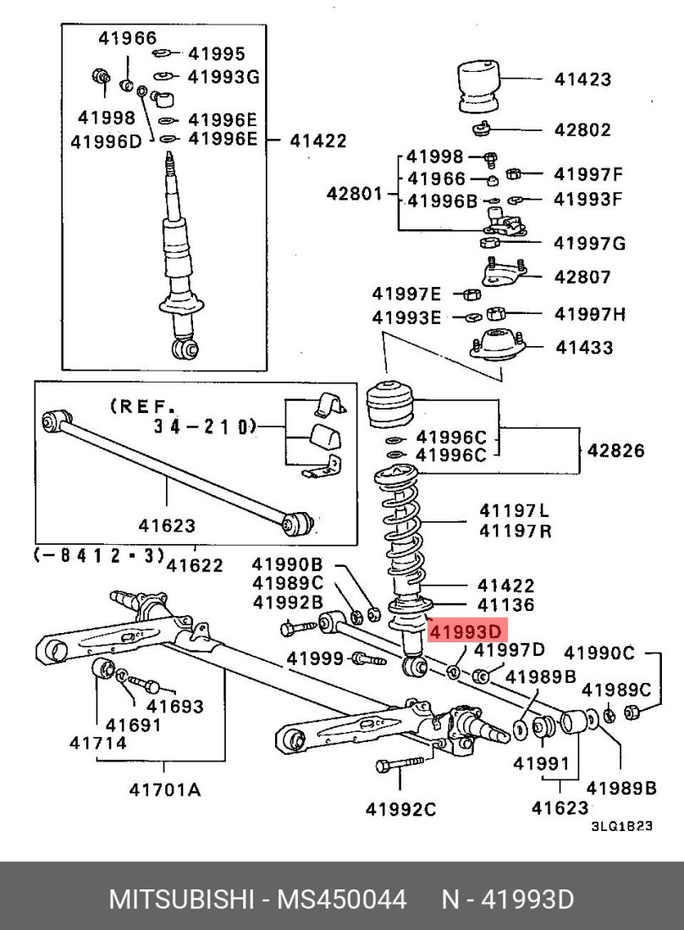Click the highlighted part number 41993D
point(466,631)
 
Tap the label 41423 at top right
point(582,80)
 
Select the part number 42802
point(582,130)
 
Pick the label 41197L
point(513,510)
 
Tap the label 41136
point(505,605)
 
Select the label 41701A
point(165,790)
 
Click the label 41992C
point(401,810)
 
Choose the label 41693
point(175,705)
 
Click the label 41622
point(195,565)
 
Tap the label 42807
point(582,277)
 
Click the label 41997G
point(589,244)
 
